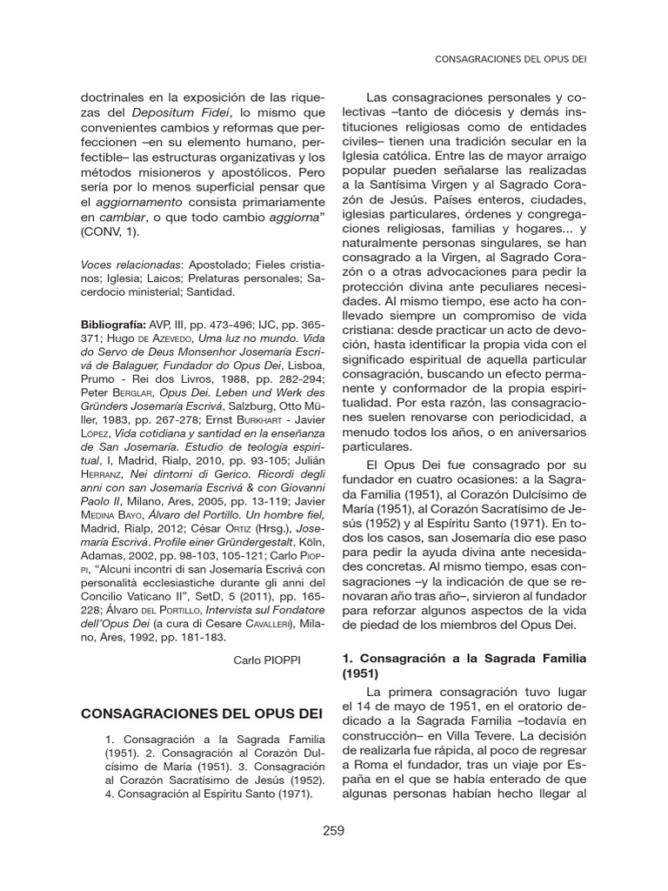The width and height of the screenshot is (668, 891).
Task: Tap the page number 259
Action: [333, 830]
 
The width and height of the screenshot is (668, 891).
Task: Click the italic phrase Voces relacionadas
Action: [130, 265]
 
